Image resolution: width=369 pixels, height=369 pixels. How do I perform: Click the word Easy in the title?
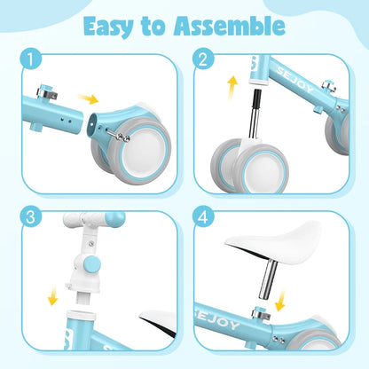[x=108, y=27]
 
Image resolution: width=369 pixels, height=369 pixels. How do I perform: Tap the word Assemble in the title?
[x=229, y=26]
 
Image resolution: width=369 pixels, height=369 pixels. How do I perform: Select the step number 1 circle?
[x=31, y=59]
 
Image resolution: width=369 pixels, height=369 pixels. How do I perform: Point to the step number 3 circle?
[x=31, y=216]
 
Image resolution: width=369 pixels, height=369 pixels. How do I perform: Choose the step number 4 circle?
[x=203, y=216]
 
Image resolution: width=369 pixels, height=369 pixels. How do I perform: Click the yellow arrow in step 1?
[x=87, y=98]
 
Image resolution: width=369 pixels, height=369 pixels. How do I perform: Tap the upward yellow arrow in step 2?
[x=232, y=88]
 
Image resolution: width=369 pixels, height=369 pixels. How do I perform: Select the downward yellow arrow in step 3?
[x=53, y=295]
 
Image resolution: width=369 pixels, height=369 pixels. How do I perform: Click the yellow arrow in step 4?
[x=279, y=300]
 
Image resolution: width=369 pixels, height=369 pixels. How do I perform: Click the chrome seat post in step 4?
[x=268, y=279]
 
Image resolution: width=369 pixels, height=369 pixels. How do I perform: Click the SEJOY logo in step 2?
[x=294, y=80]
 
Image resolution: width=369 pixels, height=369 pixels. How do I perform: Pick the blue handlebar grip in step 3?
[x=114, y=219]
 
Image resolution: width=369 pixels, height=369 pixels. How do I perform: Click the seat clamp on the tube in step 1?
[x=46, y=91]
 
